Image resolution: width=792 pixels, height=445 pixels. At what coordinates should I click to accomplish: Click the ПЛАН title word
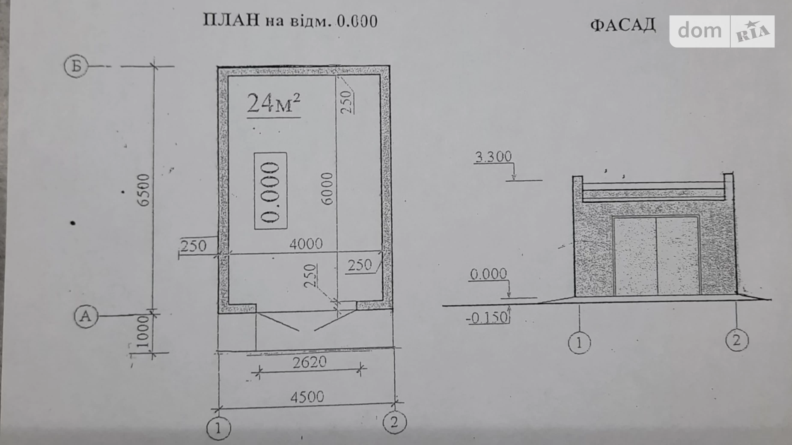[x=231, y=20]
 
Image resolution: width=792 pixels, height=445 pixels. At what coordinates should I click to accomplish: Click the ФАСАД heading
[x=623, y=25]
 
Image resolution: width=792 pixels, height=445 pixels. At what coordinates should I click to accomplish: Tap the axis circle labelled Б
[x=76, y=67]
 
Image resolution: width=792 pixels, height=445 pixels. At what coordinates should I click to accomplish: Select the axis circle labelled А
[x=86, y=316]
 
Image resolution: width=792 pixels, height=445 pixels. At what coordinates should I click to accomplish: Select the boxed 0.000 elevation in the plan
[x=271, y=191]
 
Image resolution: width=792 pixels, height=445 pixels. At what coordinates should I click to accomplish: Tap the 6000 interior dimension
[x=327, y=189]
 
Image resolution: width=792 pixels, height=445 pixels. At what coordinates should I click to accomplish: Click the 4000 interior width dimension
[x=306, y=244]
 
